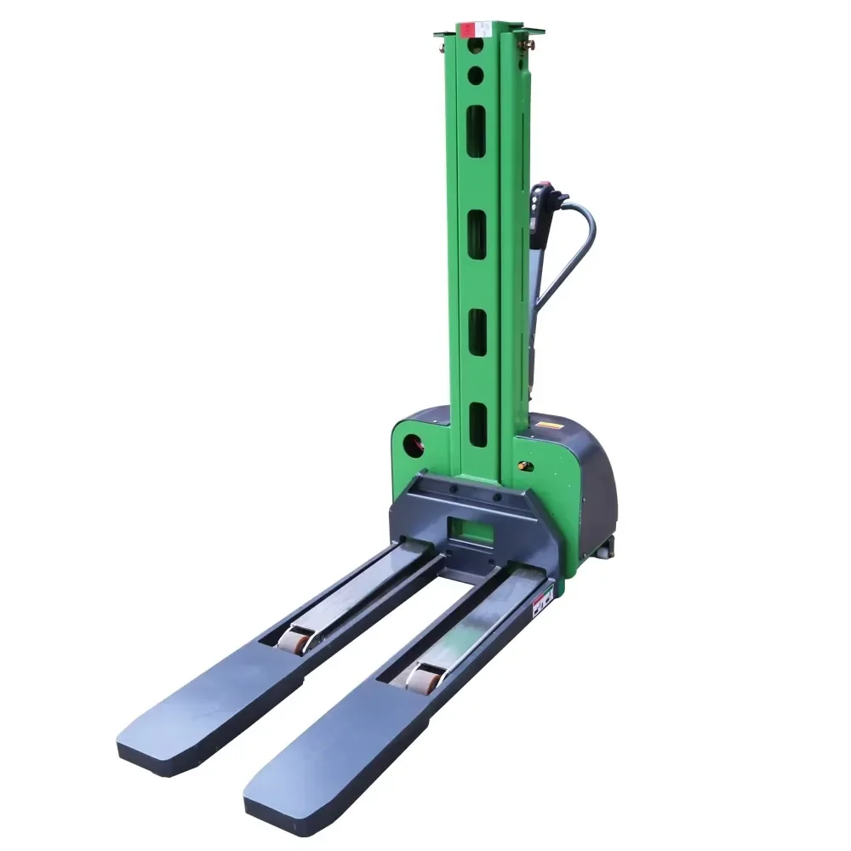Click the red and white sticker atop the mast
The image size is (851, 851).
467,30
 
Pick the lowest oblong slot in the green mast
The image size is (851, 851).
478,425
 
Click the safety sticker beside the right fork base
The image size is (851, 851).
542,605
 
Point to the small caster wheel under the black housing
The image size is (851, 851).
602,552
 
